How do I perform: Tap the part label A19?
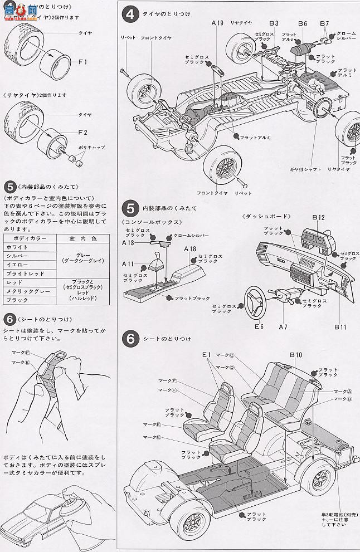click(217, 23)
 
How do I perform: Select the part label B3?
click(273, 23)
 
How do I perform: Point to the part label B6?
click(303, 23)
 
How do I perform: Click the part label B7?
click(324, 23)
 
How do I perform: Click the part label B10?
click(295, 354)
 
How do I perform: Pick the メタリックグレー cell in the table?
click(27, 291)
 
